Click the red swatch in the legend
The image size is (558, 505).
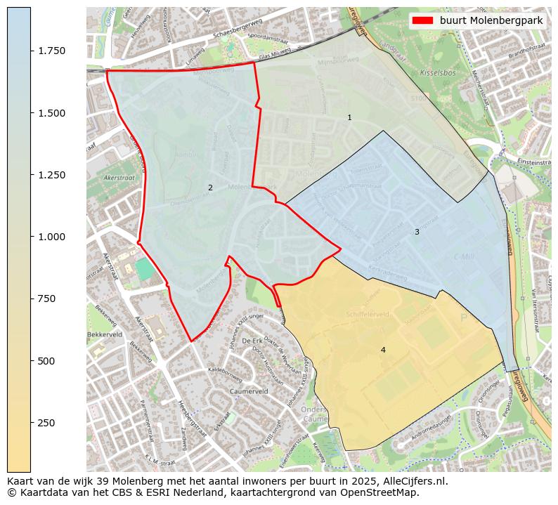(424, 20)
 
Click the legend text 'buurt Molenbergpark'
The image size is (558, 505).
(491, 20)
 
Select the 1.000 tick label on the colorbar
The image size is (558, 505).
(52, 237)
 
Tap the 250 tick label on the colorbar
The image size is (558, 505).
(47, 423)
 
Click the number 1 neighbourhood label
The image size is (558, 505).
(349, 117)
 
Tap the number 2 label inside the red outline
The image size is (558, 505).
(210, 188)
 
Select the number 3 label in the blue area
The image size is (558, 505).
(417, 232)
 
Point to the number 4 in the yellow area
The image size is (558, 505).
(383, 350)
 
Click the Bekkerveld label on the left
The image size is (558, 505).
(105, 335)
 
